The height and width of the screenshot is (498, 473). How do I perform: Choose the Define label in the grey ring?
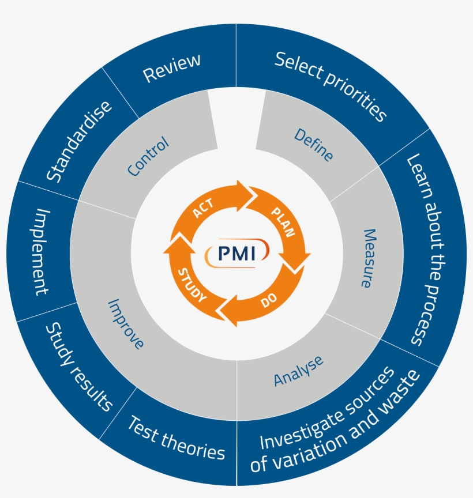click(314, 144)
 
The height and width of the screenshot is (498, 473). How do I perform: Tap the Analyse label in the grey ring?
click(298, 371)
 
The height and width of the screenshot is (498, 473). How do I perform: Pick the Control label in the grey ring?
click(148, 156)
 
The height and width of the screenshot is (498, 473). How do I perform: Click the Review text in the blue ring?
click(172, 68)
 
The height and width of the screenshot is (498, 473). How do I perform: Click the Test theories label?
click(175, 438)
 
